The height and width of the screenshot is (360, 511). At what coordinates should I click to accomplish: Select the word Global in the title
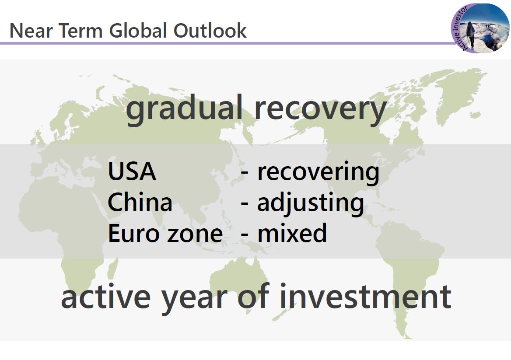point(138,31)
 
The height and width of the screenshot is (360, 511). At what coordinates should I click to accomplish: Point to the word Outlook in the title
point(210,31)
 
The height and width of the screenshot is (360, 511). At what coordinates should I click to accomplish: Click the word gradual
point(185,109)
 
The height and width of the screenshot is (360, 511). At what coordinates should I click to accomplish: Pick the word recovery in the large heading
point(320,111)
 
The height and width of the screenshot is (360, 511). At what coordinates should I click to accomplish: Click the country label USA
point(132,171)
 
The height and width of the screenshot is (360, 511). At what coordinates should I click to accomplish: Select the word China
point(140,202)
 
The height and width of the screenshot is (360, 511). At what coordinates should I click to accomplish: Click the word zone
point(195,234)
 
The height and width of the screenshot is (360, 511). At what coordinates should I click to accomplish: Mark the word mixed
point(292,233)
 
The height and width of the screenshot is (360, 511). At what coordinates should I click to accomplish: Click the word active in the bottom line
point(106,297)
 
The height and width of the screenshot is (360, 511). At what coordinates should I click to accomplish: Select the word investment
point(365,297)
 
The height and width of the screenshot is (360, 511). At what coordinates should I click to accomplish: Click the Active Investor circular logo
point(480,28)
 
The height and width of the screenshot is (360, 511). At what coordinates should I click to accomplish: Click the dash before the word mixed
point(245,234)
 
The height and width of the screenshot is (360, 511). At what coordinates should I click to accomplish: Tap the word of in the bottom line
point(254,296)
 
